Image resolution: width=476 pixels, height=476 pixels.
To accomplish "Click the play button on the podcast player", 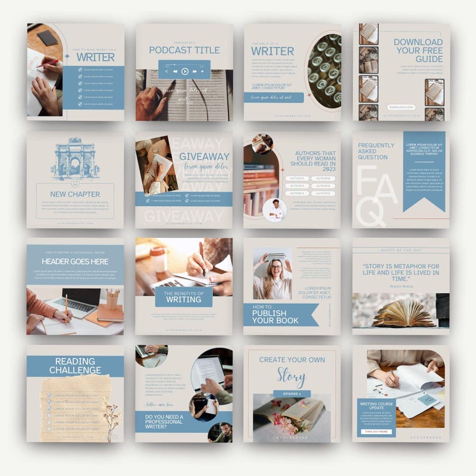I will pyautogui.click(x=185, y=71).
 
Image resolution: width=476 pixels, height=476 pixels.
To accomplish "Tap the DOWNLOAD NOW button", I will pyautogui.click(x=401, y=107).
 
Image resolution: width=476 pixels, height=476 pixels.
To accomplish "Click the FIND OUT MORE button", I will pyautogui.click(x=377, y=432).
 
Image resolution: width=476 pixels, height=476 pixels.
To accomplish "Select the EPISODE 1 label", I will pyautogui.click(x=292, y=393).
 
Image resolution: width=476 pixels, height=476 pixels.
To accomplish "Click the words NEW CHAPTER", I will pyautogui.click(x=75, y=194).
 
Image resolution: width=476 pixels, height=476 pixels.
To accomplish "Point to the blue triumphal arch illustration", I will pyautogui.click(x=74, y=160).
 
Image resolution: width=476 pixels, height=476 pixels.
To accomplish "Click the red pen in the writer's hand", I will pyautogui.click(x=48, y=63).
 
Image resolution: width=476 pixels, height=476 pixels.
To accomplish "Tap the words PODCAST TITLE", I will pyautogui.click(x=184, y=50).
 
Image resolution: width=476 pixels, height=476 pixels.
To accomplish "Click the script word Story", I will pyautogui.click(x=291, y=376).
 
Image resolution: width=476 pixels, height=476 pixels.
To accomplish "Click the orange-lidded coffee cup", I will pyautogui.click(x=158, y=259).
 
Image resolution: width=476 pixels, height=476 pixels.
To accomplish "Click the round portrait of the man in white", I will pyautogui.click(x=274, y=210).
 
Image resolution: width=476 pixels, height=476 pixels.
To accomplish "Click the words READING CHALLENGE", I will pyautogui.click(x=75, y=366).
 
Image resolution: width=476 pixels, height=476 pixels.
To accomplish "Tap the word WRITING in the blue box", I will pyautogui.click(x=183, y=299).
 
